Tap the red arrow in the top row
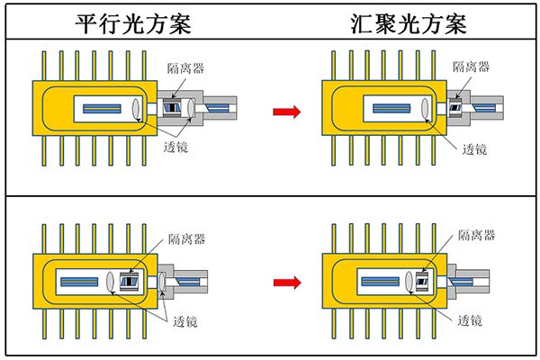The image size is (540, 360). point(285,111)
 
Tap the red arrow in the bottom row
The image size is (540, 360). point(285,282)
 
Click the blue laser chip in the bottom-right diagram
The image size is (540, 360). point(382,282)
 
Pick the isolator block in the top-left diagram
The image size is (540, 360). point(181,110)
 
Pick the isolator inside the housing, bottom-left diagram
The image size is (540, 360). point(131,282)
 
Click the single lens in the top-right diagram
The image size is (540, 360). point(427,110)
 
